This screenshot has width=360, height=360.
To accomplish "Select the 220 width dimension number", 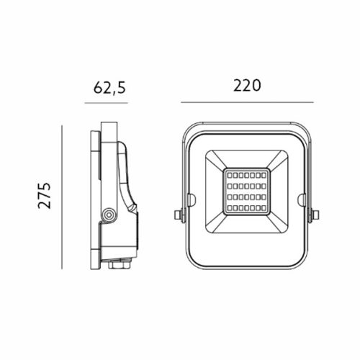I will [x=246, y=85].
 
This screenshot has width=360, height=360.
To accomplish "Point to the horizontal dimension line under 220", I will [x=246, y=102].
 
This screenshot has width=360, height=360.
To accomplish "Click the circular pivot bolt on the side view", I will [x=109, y=214].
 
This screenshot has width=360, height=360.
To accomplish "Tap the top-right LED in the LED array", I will [x=266, y=175].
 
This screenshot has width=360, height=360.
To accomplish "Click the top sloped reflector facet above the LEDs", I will [x=246, y=160].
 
